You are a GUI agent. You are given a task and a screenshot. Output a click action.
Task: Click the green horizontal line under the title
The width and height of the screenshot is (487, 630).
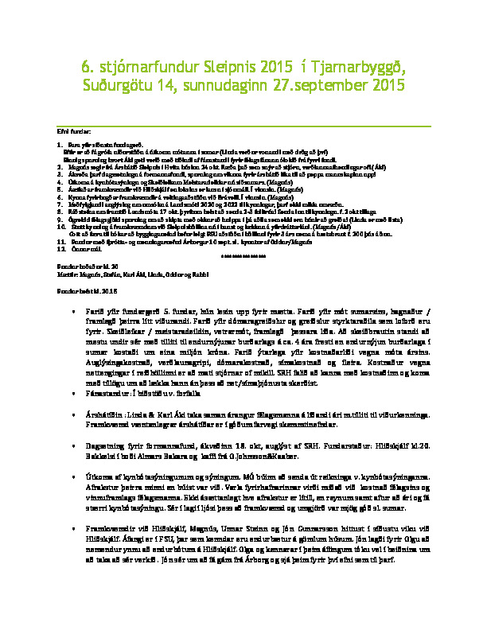coord(243,126)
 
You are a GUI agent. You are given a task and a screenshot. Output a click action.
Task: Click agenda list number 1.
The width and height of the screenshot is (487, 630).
coord(60,143)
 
